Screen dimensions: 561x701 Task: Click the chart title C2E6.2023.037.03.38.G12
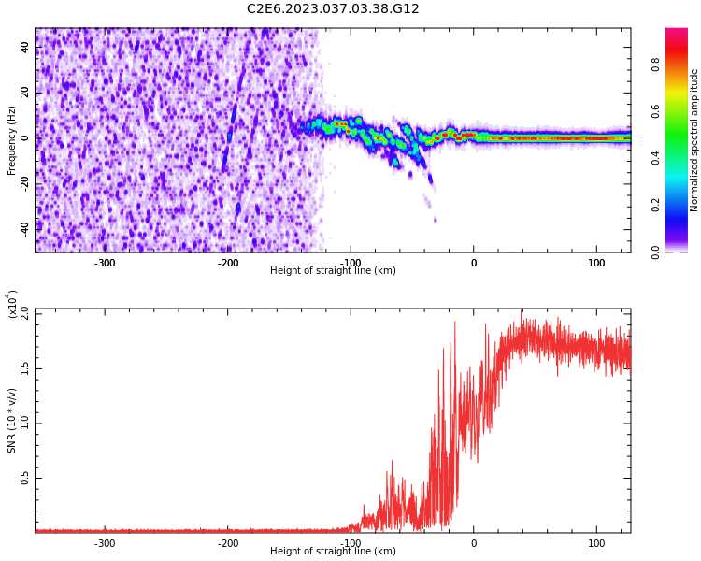(x=333, y=9)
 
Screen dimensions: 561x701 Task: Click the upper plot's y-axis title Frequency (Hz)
(x=12, y=140)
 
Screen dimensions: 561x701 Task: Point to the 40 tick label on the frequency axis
(x=25, y=48)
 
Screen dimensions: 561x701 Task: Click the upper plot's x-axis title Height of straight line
(x=333, y=271)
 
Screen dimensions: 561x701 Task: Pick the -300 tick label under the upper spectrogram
(x=105, y=263)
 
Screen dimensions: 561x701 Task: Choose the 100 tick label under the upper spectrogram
(x=596, y=263)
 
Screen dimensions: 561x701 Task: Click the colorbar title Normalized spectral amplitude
(x=694, y=140)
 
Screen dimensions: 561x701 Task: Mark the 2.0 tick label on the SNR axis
(x=25, y=313)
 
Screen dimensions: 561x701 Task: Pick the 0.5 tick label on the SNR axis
(x=25, y=478)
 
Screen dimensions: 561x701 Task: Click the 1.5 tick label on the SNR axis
(x=25, y=368)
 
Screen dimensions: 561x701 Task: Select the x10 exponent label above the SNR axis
(x=13, y=304)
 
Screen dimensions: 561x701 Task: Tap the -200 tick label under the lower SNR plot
(x=228, y=543)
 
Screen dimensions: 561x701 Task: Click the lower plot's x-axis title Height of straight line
(x=333, y=552)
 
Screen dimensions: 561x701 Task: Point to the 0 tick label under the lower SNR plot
(x=473, y=543)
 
